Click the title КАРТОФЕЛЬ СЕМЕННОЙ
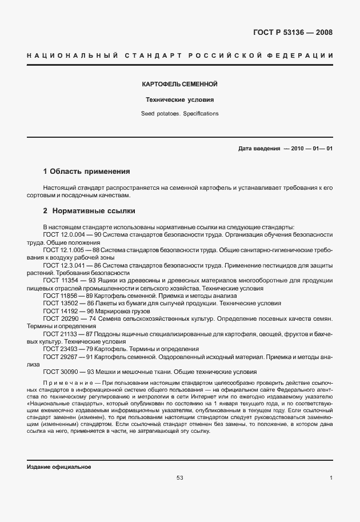click(x=179, y=85)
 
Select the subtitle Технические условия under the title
click(x=179, y=99)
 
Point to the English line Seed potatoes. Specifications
click(x=179, y=114)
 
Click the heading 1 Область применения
click(x=87, y=171)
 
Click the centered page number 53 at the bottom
click(x=180, y=478)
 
